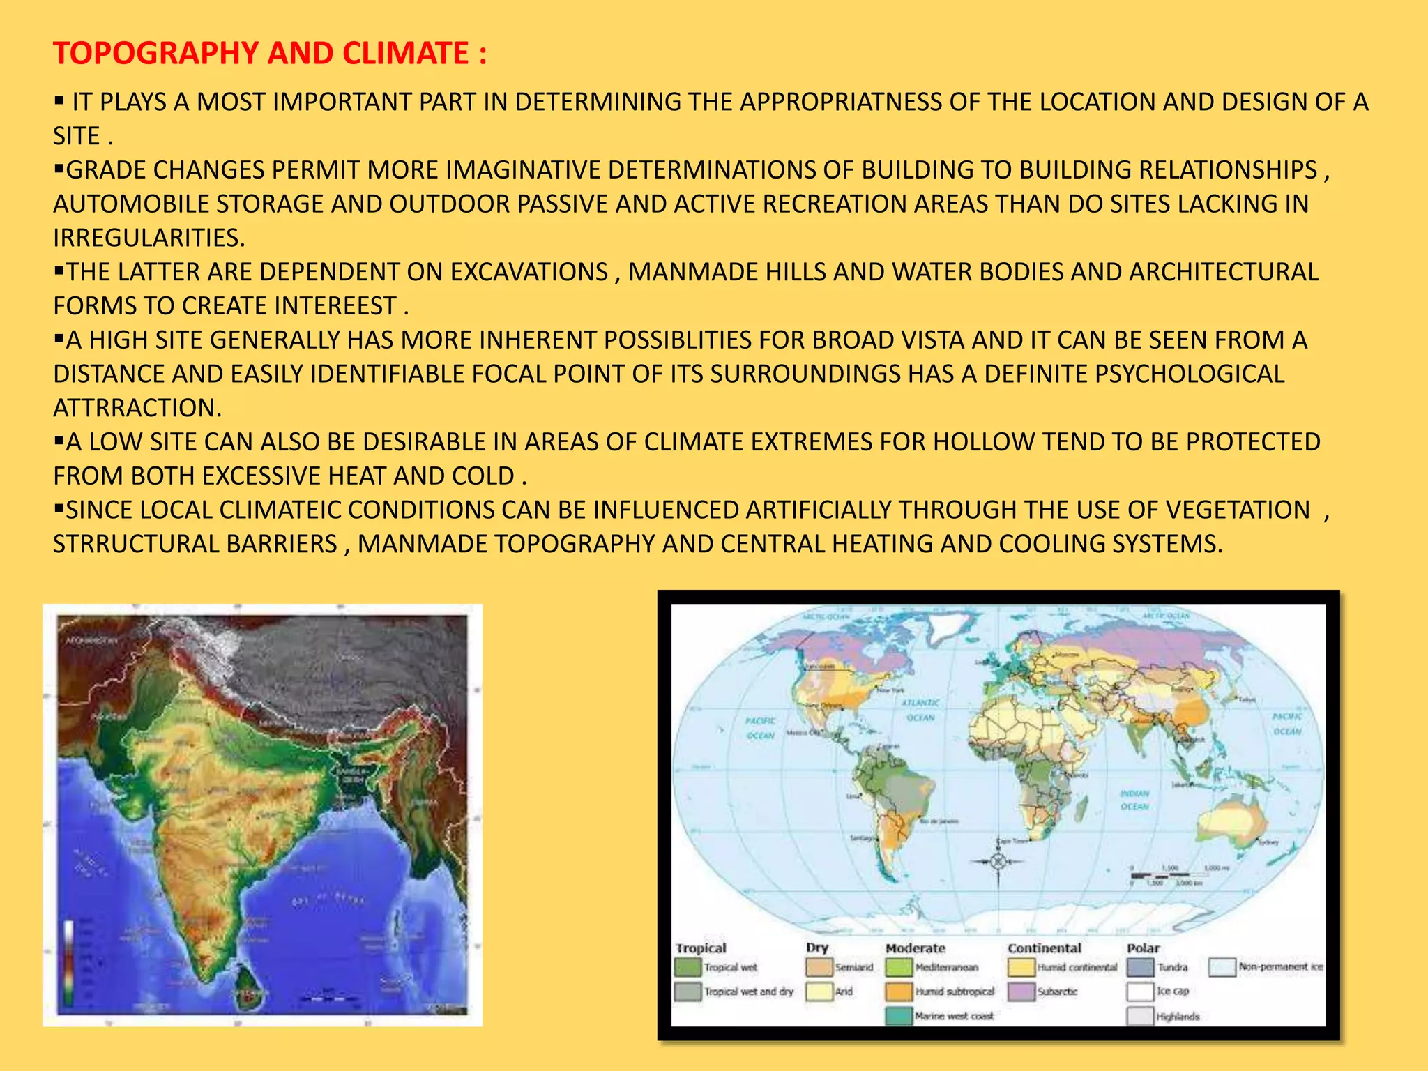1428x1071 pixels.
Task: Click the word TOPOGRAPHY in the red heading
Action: (156, 54)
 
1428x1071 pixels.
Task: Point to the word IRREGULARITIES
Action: (149, 238)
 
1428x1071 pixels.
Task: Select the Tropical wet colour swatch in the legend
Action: (688, 968)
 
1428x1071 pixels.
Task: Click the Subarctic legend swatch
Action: (1021, 992)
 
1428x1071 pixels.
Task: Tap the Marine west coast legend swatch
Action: (899, 1016)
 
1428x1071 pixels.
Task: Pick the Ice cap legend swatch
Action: (1140, 992)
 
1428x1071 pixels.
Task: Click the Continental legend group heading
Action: (1044, 948)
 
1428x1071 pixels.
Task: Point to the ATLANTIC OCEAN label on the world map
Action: (920, 710)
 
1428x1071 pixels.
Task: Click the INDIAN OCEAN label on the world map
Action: (1134, 800)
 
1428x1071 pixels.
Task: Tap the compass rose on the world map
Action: (998, 862)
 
